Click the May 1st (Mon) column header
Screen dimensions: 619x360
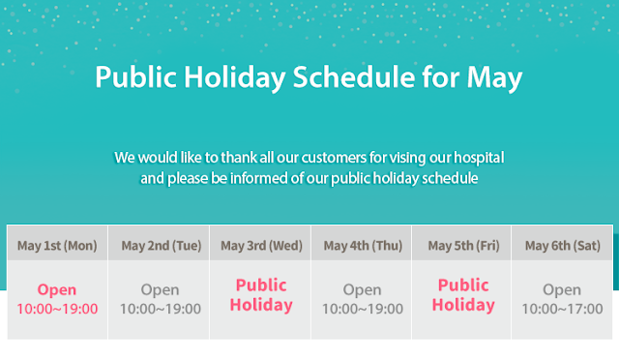[x=57, y=246]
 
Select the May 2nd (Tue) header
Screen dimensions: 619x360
[x=162, y=246]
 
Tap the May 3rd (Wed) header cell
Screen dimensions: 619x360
[x=261, y=246]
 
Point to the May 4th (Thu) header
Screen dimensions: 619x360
[x=363, y=246]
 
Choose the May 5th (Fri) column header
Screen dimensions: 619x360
[x=463, y=246]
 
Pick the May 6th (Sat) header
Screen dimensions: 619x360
[x=563, y=246]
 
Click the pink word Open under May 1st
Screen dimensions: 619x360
[x=57, y=290]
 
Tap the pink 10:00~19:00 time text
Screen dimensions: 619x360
[x=57, y=309]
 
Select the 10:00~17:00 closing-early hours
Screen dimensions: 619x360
[x=563, y=309]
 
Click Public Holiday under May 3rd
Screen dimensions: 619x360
[x=261, y=295]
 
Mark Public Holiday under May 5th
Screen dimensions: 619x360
[x=463, y=295]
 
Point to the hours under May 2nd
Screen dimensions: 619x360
[x=161, y=309]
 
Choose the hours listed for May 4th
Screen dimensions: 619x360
[x=363, y=309]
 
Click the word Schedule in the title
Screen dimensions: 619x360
[x=354, y=76]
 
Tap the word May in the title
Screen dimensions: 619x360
[x=494, y=78]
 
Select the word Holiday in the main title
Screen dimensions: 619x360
[x=235, y=78]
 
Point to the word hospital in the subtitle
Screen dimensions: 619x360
[x=479, y=158]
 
